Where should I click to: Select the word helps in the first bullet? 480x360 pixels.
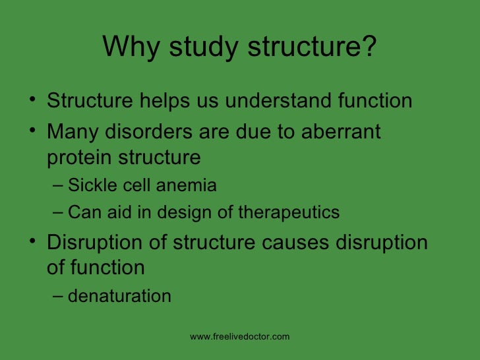162,102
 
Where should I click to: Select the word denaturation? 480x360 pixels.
119,296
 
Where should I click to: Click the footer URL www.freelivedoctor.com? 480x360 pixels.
239,337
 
